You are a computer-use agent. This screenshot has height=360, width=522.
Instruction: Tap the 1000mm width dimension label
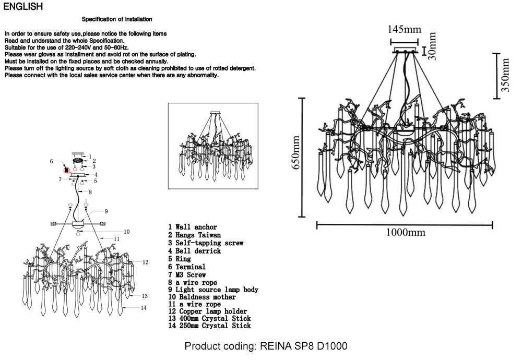(405, 233)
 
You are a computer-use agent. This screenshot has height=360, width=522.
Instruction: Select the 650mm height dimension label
(295, 157)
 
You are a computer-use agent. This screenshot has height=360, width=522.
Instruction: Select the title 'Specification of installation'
(117, 19)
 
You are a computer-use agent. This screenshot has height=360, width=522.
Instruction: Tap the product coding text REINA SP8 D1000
(266, 346)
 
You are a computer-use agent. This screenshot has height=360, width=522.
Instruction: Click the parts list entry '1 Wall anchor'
(192, 227)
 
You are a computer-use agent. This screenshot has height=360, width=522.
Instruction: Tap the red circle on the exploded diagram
(66, 169)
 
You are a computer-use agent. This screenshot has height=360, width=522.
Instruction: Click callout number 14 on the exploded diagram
(144, 308)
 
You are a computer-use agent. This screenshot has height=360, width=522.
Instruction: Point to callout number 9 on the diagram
(105, 211)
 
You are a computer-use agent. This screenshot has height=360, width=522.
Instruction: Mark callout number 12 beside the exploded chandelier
(146, 262)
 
